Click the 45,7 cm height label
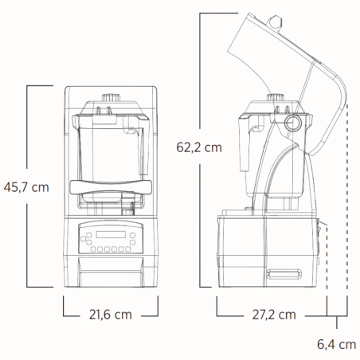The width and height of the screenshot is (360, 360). coord(28,186)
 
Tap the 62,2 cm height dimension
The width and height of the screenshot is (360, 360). coord(199,147)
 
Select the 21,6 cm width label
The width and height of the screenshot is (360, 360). coord(110,315)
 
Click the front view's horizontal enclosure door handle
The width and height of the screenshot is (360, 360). coord(110,187)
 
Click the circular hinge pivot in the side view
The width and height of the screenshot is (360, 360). coord(293,122)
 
